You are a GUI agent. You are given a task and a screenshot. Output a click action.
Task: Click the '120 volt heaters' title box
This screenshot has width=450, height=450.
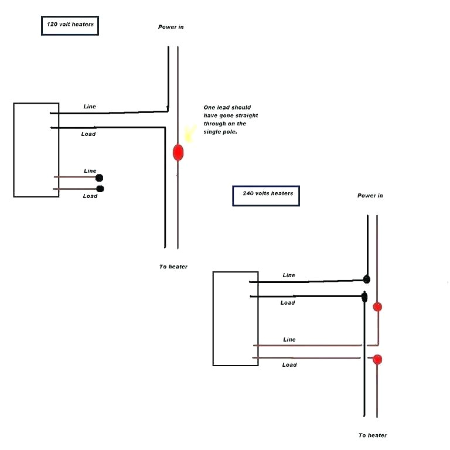pyautogui.click(x=70, y=26)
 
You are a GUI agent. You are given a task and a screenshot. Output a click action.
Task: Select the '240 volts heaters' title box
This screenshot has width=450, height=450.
pyautogui.click(x=266, y=196)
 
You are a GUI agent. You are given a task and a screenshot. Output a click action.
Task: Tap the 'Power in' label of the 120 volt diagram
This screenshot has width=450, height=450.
pyautogui.click(x=171, y=27)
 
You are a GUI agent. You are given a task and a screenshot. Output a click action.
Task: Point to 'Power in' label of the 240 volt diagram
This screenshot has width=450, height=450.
pyautogui.click(x=370, y=196)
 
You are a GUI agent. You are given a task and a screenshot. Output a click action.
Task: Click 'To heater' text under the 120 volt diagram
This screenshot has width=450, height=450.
pyautogui.click(x=173, y=267)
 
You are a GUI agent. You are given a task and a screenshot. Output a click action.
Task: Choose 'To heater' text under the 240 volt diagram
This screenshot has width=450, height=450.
pyautogui.click(x=373, y=435)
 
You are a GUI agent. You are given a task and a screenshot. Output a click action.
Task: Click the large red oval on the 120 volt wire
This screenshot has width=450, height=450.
pyautogui.click(x=178, y=152)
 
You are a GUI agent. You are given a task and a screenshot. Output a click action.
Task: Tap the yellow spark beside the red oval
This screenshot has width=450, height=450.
pyautogui.click(x=189, y=135)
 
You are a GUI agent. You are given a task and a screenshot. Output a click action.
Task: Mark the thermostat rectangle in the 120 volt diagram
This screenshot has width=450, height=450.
pyautogui.click(x=36, y=150)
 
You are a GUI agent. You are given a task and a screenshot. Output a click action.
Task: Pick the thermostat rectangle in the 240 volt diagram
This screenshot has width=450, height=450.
pyautogui.click(x=236, y=318)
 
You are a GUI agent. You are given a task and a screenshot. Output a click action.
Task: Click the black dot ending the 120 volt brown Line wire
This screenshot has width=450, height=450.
pyautogui.click(x=100, y=178)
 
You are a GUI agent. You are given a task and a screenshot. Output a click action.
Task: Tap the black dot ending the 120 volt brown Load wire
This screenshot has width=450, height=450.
pyautogui.click(x=100, y=188)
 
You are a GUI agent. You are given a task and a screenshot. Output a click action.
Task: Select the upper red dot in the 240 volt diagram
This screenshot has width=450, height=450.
pyautogui.click(x=377, y=306)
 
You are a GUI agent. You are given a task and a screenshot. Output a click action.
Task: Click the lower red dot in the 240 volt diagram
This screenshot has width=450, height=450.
pyautogui.click(x=377, y=359)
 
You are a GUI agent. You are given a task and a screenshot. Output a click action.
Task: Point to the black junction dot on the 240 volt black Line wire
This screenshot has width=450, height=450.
pyautogui.click(x=366, y=279)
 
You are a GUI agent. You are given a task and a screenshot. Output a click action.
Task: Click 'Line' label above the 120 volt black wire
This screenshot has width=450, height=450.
pyautogui.click(x=90, y=107)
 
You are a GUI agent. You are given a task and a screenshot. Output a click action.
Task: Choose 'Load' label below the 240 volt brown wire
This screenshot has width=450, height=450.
pyautogui.click(x=289, y=364)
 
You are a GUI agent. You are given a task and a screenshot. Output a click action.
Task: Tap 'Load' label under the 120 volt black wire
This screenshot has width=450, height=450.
pyautogui.click(x=88, y=134)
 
